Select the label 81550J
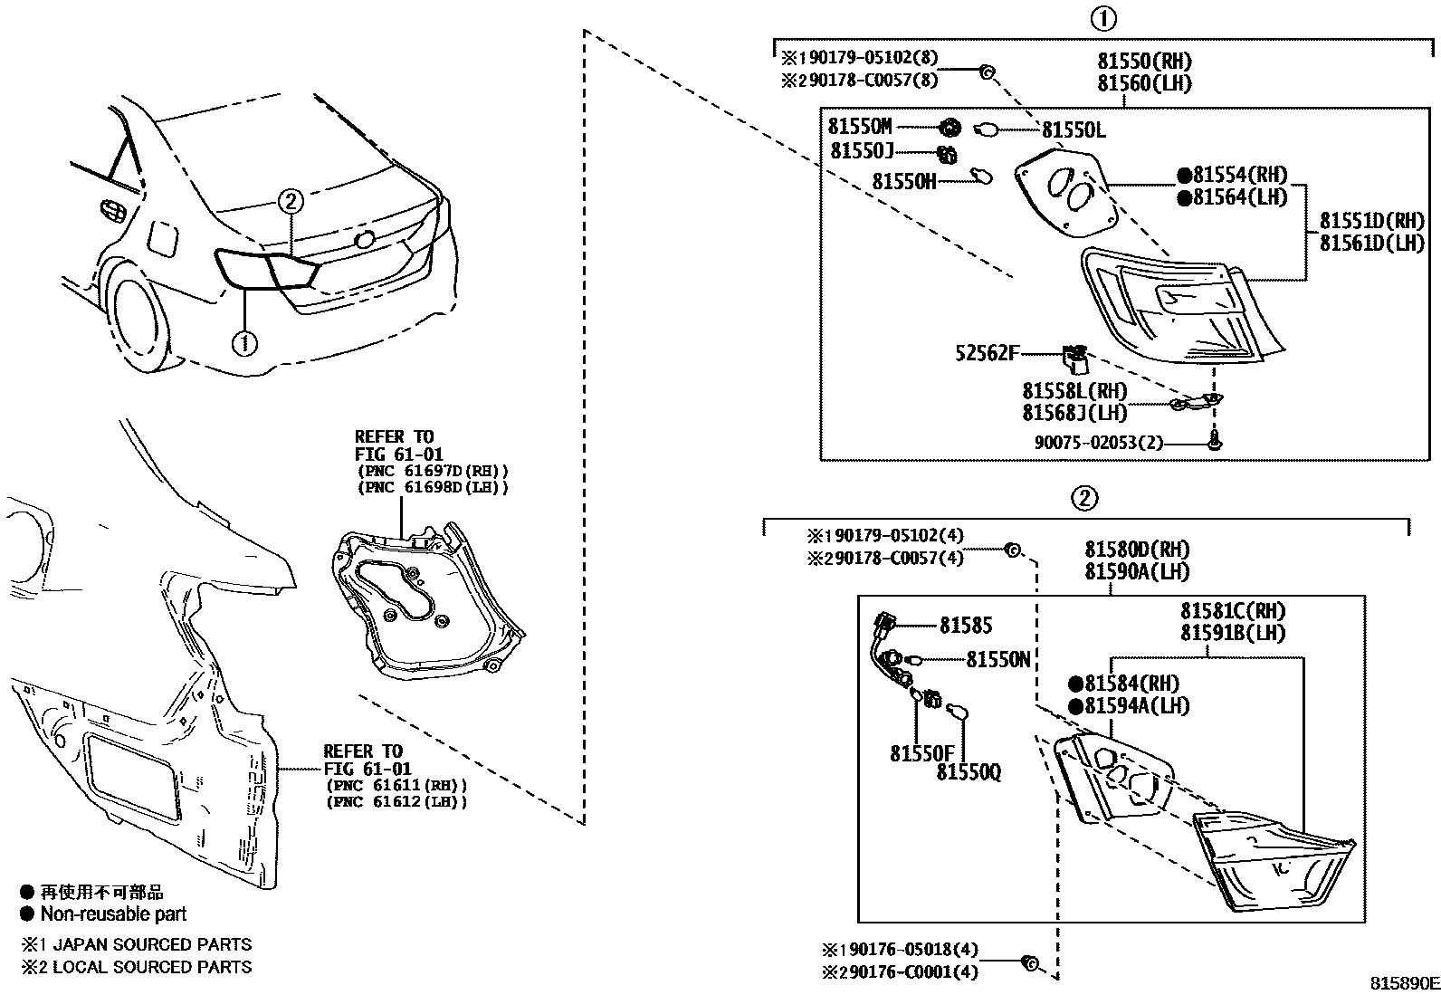(x=861, y=151)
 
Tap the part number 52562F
(x=987, y=353)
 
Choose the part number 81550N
(x=998, y=659)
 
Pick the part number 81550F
(x=921, y=753)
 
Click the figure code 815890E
(x=1403, y=983)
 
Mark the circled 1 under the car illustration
(x=244, y=342)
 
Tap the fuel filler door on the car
(x=163, y=240)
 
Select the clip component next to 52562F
(x=1074, y=359)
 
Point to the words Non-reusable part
(x=113, y=914)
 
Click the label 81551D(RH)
(x=1371, y=221)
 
